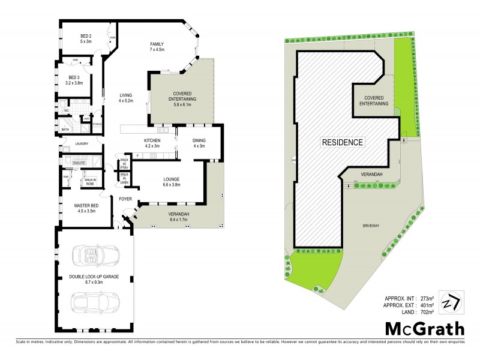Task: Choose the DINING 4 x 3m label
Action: coord(199,143)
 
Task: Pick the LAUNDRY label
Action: coord(82,143)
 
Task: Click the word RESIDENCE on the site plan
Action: coord(343,142)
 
